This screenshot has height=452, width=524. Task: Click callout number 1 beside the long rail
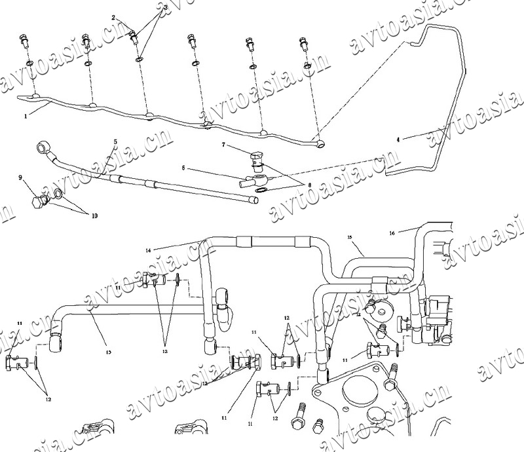tap(26, 116)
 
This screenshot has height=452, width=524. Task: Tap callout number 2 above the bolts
tap(113, 18)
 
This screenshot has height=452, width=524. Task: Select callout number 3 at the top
tap(165, 7)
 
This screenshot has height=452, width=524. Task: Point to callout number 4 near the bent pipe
tap(399, 139)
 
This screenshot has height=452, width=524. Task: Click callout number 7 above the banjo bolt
tap(223, 145)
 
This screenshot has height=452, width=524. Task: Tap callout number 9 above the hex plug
tap(21, 177)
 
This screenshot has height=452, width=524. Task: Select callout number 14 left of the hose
tap(148, 250)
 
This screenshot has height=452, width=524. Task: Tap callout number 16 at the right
tap(392, 233)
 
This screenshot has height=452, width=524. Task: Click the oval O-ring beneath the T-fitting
tap(260, 191)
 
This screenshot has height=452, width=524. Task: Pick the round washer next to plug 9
tap(58, 194)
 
